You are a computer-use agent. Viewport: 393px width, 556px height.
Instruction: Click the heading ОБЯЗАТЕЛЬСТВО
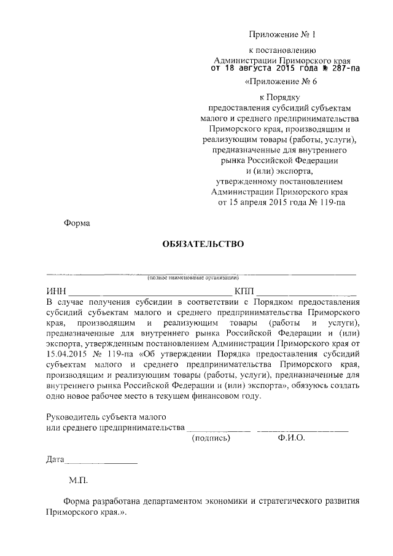click(203, 244)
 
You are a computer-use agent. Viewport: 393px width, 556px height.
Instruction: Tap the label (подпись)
click(211, 438)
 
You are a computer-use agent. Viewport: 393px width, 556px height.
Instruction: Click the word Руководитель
click(73, 416)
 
